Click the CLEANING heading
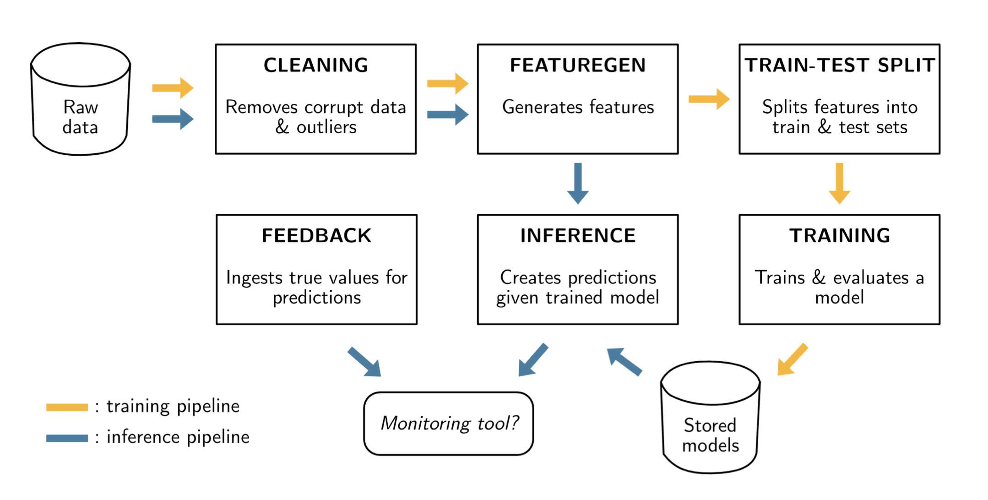click(316, 65)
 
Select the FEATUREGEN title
click(578, 65)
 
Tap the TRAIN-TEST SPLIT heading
click(840, 65)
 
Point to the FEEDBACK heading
click(316, 236)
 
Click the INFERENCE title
click(578, 236)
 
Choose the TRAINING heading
click(840, 236)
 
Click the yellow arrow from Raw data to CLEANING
click(173, 88)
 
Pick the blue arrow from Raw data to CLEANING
click(173, 119)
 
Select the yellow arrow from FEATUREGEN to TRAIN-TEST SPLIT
click(709, 99)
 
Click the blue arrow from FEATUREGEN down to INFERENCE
click(578, 183)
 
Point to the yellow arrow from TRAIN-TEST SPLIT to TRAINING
click(840, 183)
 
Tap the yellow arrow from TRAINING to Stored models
click(793, 359)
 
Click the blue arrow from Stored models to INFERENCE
click(624, 362)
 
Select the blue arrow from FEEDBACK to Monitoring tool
click(364, 362)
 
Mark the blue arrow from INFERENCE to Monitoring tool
click(533, 360)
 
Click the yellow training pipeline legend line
click(67, 408)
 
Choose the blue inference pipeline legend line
click(67, 438)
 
